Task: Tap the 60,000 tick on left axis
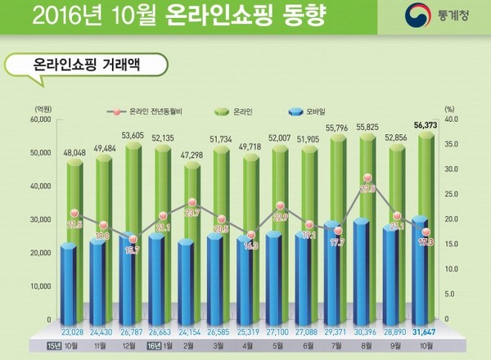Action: (38, 119)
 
